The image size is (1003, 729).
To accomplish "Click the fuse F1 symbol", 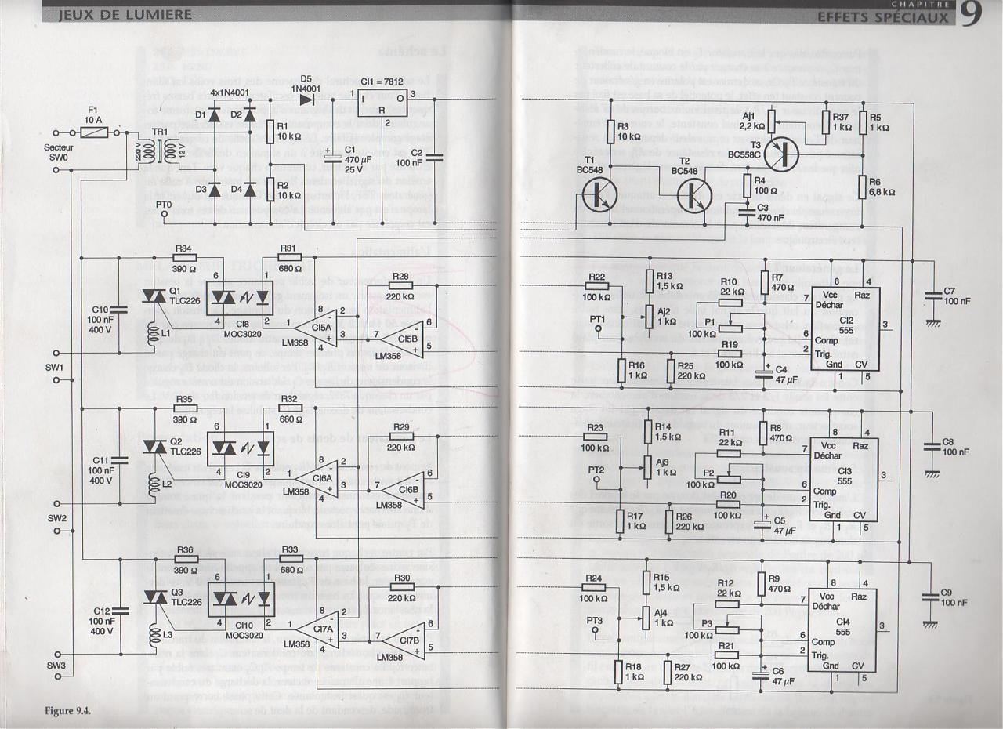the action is tap(93, 134).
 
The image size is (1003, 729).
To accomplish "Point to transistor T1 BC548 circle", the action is tap(601, 195).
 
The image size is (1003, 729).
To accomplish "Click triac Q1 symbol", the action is tap(151, 296).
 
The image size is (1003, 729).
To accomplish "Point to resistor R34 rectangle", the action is tap(185, 257).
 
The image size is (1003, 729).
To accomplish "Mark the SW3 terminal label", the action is tap(56, 666).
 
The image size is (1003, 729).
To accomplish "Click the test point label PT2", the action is tap(597, 470).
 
